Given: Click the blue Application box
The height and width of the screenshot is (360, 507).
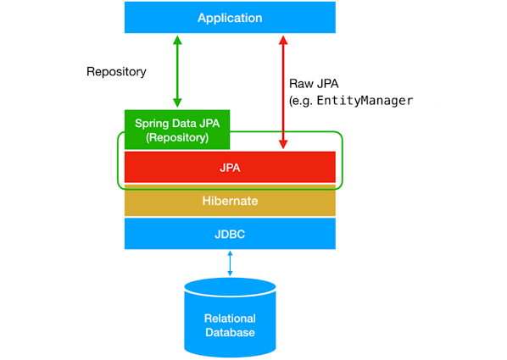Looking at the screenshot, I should pyautogui.click(x=230, y=17).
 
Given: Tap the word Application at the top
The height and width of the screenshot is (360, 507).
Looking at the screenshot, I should pyautogui.click(x=230, y=18).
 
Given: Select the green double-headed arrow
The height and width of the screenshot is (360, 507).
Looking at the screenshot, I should pyautogui.click(x=176, y=72).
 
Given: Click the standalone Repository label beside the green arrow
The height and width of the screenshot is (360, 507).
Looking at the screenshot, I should pyautogui.click(x=116, y=72).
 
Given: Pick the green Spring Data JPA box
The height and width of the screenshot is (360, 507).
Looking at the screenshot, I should pyautogui.click(x=176, y=130).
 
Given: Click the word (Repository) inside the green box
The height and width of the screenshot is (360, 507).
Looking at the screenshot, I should pyautogui.click(x=176, y=137).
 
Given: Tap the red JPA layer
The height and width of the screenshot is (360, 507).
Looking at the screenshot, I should pyautogui.click(x=230, y=167).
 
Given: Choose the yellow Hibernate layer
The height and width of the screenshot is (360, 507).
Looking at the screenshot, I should pyautogui.click(x=230, y=201).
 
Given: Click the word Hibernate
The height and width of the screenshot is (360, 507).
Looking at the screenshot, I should pyautogui.click(x=230, y=201).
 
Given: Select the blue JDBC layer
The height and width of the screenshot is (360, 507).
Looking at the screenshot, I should pyautogui.click(x=230, y=233).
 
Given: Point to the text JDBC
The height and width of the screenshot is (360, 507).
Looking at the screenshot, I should pyautogui.click(x=230, y=233).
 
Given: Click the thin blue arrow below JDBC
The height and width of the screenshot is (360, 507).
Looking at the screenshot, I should pyautogui.click(x=230, y=263).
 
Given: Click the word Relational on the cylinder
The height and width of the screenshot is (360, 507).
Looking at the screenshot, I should pyautogui.click(x=230, y=318).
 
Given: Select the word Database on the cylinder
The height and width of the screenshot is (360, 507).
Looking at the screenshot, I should pyautogui.click(x=230, y=332).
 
